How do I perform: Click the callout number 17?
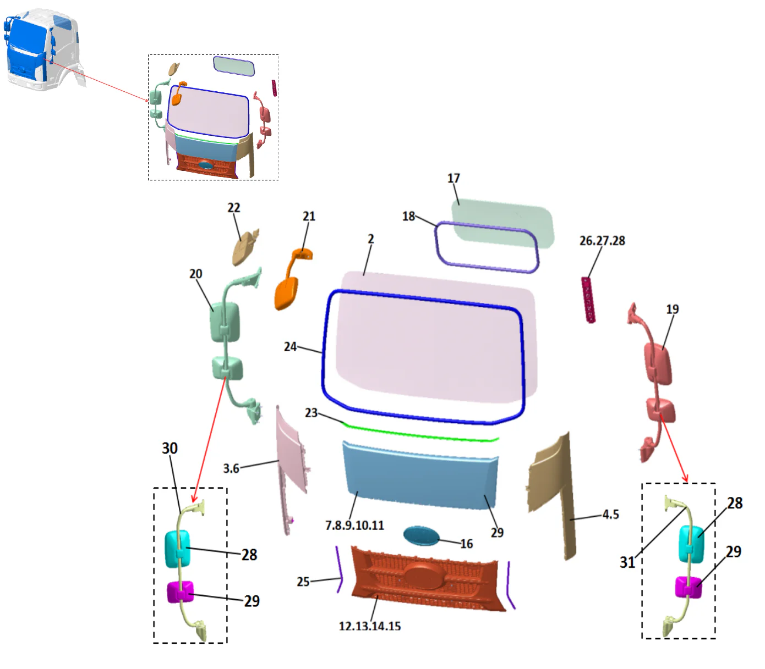click(453, 178)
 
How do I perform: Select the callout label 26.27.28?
click(602, 241)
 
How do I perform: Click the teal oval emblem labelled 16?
click(421, 535)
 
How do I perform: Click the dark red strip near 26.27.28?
click(588, 300)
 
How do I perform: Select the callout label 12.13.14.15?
click(370, 626)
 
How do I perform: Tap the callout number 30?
click(170, 449)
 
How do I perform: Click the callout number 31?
click(627, 562)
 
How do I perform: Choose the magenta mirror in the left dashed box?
click(181, 591)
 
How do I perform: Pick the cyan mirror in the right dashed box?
click(691, 544)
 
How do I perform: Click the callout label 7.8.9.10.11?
click(354, 526)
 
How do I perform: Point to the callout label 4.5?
click(610, 515)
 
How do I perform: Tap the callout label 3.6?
click(231, 468)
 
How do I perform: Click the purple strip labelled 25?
click(339, 569)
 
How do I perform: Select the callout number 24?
click(290, 347)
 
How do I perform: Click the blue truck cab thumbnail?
click(41, 49)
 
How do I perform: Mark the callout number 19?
click(673, 309)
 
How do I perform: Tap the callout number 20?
click(196, 274)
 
